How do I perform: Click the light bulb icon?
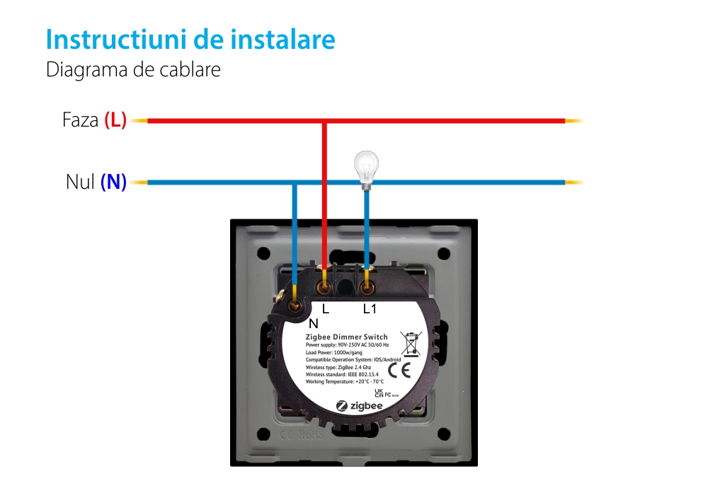tap(365, 169)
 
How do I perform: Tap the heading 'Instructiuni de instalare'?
tap(190, 40)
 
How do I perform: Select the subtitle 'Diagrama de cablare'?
tap(133, 70)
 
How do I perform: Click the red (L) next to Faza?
tap(115, 120)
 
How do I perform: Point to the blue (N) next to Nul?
tap(113, 182)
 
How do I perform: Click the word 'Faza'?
tap(80, 120)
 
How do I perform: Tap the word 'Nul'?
tap(80, 182)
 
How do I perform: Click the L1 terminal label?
tap(370, 309)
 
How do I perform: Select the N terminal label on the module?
tap(314, 323)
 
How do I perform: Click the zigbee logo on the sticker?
tap(359, 406)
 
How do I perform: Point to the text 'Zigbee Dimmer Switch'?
tap(346, 337)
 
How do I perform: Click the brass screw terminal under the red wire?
tap(324, 287)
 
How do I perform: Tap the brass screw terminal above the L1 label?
tap(367, 287)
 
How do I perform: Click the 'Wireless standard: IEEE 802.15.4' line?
tap(342, 374)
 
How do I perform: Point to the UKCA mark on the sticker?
tap(378, 393)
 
